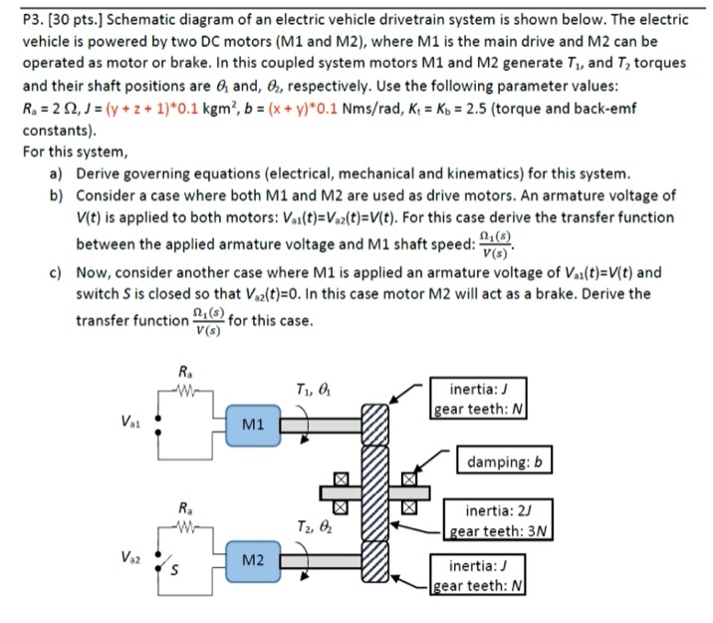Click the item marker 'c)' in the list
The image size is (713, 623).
point(56,272)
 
